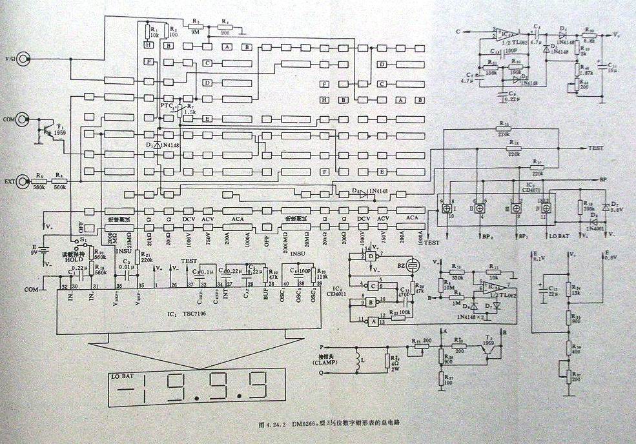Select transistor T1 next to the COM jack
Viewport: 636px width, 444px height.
[x=47, y=131]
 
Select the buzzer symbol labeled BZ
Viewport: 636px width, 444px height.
[x=410, y=265]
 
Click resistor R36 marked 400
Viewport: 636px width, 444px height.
[x=569, y=348]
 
